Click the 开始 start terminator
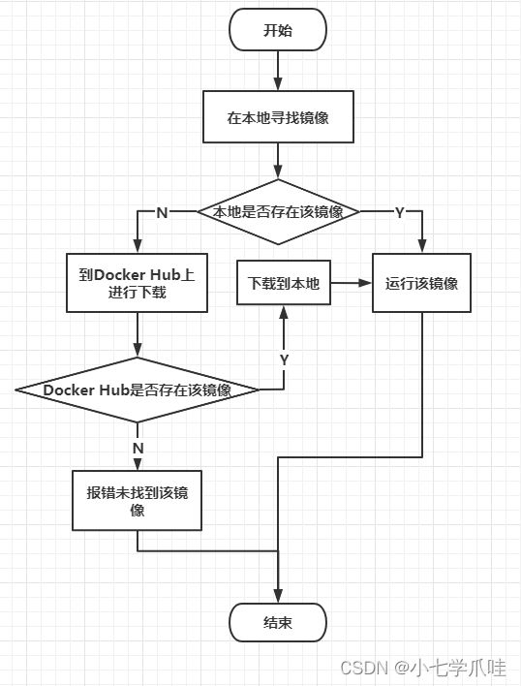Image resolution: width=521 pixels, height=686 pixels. (278, 30)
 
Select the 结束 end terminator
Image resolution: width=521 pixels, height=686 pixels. (278, 622)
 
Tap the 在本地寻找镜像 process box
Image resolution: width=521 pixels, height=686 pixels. (278, 117)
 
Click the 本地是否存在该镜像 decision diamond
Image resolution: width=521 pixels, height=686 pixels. (279, 212)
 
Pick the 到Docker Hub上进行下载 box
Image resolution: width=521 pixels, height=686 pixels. (137, 283)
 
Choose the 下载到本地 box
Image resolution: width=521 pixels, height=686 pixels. (284, 283)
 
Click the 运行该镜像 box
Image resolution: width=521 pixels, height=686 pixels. (422, 283)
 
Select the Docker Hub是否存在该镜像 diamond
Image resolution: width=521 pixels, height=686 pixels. (138, 390)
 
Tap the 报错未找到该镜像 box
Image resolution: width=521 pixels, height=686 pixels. (137, 501)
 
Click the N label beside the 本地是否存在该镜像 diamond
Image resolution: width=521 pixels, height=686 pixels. (162, 212)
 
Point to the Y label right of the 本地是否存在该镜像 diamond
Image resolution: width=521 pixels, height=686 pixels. (400, 212)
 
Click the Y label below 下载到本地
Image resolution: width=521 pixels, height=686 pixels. (284, 360)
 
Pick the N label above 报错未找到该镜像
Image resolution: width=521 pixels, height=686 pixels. (138, 448)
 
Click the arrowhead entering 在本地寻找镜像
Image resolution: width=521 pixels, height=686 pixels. (278, 84)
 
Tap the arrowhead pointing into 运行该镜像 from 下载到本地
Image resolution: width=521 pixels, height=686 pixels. (364, 283)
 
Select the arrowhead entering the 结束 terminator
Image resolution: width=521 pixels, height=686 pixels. (278, 596)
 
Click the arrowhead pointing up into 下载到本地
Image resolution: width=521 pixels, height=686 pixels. (284, 312)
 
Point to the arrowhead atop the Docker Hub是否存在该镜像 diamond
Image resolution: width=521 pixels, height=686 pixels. (138, 350)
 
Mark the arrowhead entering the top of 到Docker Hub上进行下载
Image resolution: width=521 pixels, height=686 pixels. (138, 246)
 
